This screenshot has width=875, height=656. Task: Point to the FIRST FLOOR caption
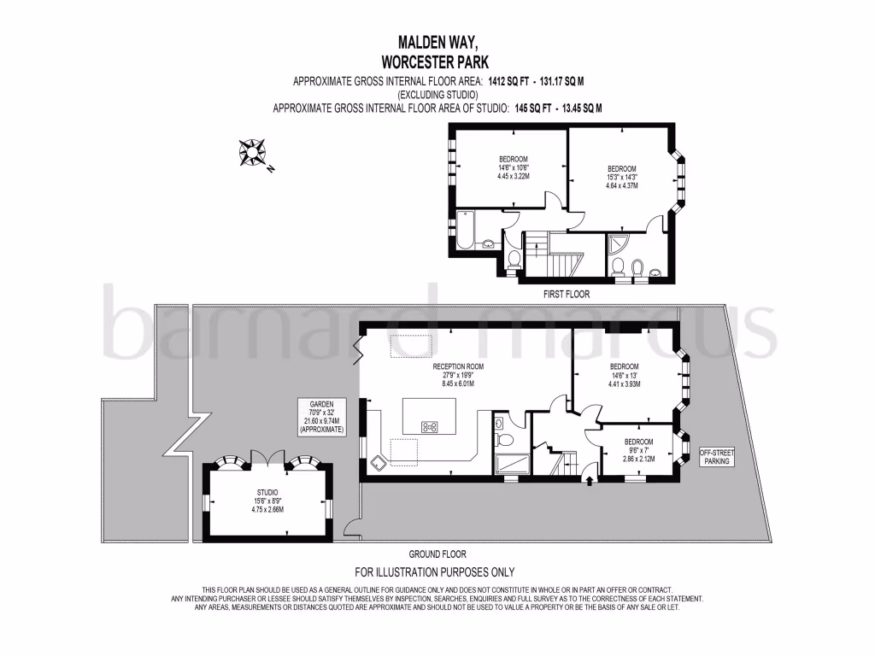(567, 294)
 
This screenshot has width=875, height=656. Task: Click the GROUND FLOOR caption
(437, 554)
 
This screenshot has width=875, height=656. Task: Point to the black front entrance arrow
(589, 481)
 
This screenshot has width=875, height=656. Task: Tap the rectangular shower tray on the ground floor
(511, 464)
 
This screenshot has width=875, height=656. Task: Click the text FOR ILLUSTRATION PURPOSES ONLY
(435, 572)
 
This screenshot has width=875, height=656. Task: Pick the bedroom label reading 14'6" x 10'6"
(514, 167)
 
